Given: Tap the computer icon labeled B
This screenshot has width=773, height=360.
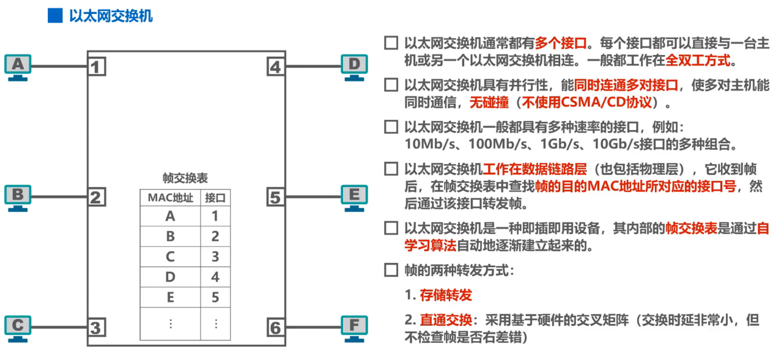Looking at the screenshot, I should click(x=19, y=197).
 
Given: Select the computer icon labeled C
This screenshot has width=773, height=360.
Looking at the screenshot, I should click(x=19, y=328).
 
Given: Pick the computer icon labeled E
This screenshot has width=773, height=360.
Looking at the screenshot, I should click(x=354, y=197).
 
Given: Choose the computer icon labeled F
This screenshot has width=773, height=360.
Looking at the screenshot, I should click(x=354, y=327).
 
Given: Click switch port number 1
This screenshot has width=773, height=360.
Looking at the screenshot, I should click(x=97, y=66).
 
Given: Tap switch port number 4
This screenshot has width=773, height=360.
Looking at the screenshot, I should click(x=276, y=66).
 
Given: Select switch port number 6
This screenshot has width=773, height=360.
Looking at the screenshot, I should click(x=276, y=328).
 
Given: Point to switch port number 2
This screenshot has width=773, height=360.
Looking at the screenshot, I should click(x=97, y=197).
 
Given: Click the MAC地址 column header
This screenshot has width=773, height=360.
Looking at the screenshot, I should click(x=170, y=198).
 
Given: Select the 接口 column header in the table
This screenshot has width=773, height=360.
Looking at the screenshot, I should click(x=215, y=198).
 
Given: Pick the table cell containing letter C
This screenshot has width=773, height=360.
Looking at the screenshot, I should click(x=170, y=257).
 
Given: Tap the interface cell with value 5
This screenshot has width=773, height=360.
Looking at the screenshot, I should click(x=215, y=298).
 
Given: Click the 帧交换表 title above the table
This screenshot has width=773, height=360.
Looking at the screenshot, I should click(x=185, y=178).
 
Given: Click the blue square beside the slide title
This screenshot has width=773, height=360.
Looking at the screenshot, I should click(x=55, y=16).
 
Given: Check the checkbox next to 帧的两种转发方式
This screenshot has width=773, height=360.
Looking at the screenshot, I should click(x=390, y=270).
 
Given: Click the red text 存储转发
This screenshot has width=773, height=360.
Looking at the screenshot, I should click(x=446, y=295).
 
